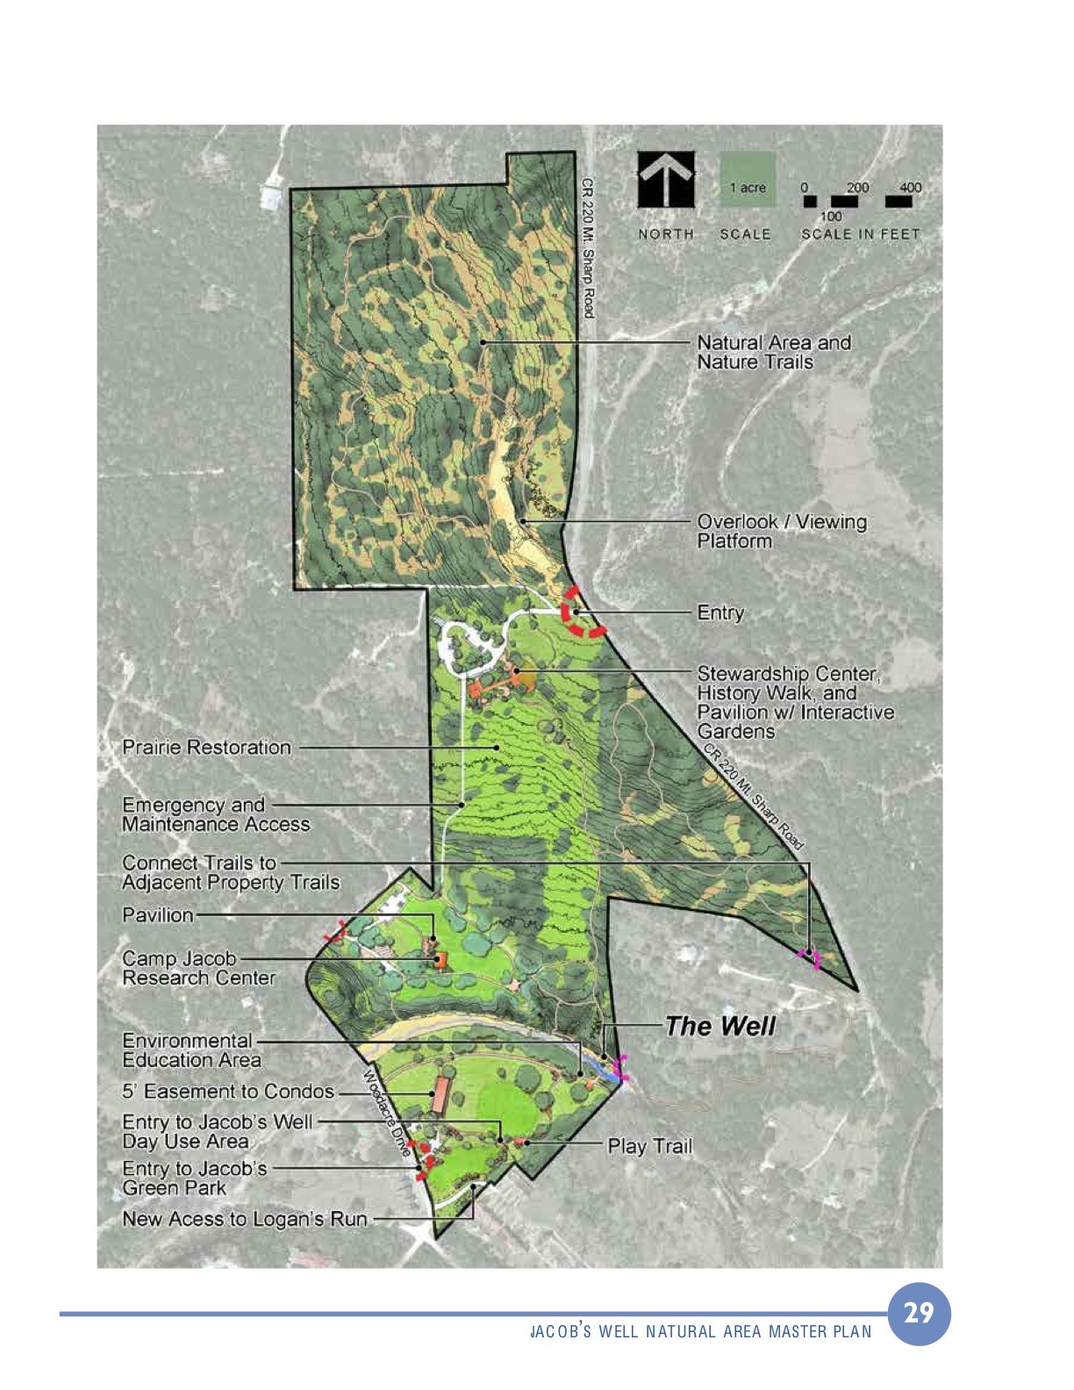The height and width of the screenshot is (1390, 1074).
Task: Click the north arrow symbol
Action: (666, 180)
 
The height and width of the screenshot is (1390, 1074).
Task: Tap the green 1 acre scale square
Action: (748, 180)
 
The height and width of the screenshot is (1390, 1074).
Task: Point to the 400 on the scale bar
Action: (910, 187)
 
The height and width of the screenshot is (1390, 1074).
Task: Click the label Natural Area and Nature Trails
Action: (773, 352)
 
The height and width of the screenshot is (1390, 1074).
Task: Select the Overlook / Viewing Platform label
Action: (781, 531)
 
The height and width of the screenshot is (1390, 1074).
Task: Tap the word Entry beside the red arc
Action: (720, 613)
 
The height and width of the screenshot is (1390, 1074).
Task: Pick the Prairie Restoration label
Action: (207, 748)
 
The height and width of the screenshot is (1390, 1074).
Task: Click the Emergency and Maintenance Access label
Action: (216, 814)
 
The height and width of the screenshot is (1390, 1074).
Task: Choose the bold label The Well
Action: (720, 1026)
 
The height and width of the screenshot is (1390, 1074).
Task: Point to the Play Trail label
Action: (650, 1146)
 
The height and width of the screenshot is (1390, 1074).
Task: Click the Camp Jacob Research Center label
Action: (198, 968)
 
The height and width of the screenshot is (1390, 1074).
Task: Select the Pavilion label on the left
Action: (158, 915)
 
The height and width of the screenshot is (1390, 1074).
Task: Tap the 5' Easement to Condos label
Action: (228, 1092)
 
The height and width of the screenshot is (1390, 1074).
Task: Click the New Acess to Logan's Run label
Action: (245, 1219)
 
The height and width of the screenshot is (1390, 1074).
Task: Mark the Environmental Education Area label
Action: (191, 1050)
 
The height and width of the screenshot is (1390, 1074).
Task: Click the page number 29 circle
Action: (919, 1313)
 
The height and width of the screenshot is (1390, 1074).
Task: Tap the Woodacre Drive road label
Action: (387, 1113)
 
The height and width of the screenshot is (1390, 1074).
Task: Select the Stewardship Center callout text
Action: (794, 702)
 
